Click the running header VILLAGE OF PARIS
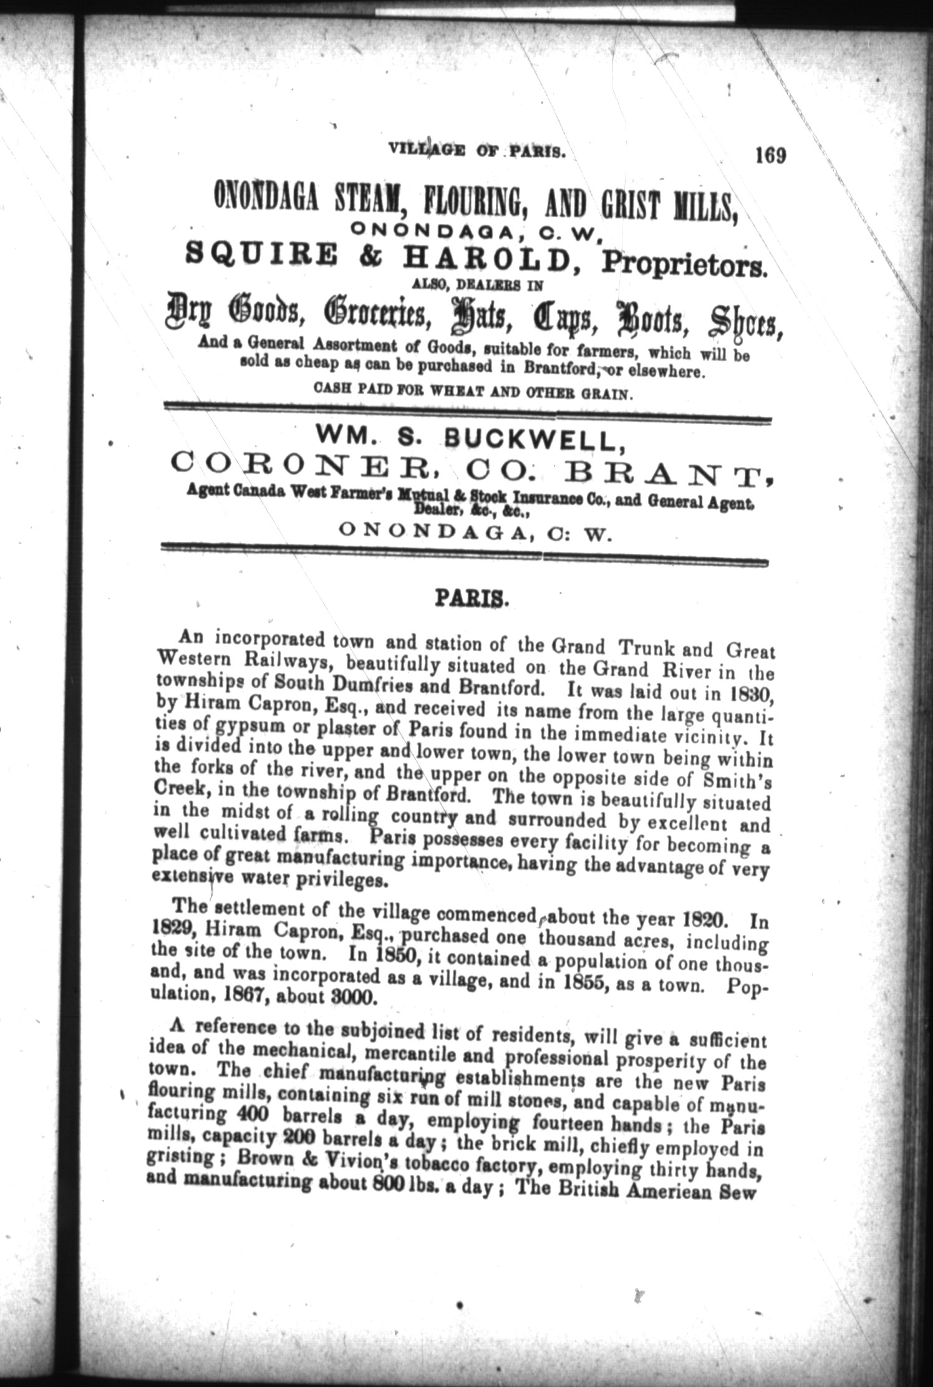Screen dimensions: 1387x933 click(x=476, y=150)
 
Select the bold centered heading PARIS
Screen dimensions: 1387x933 click(x=472, y=599)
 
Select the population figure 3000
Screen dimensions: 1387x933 click(x=354, y=996)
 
